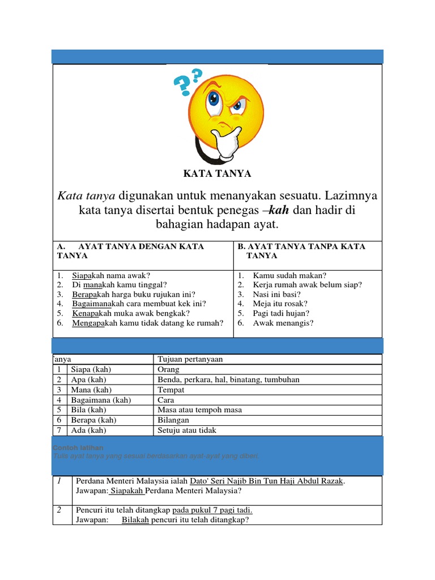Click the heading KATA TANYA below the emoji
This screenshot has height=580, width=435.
click(x=217, y=173)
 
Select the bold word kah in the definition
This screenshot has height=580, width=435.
click(x=278, y=210)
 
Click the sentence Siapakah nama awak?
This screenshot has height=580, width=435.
click(x=110, y=275)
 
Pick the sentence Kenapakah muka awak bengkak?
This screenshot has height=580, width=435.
click(x=131, y=313)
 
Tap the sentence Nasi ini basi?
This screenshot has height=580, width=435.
click(x=276, y=295)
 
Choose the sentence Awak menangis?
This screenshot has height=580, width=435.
click(x=283, y=323)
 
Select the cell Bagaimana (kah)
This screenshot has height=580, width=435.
click(x=101, y=400)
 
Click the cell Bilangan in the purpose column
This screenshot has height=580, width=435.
click(x=173, y=420)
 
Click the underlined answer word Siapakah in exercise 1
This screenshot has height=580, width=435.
click(x=127, y=491)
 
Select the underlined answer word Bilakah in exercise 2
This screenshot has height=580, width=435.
click(x=135, y=519)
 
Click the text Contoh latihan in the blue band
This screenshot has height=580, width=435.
click(x=78, y=447)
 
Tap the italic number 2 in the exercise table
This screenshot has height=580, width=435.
click(x=58, y=510)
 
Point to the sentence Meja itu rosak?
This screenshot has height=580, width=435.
click(x=280, y=304)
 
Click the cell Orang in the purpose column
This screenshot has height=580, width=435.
click(x=168, y=369)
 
